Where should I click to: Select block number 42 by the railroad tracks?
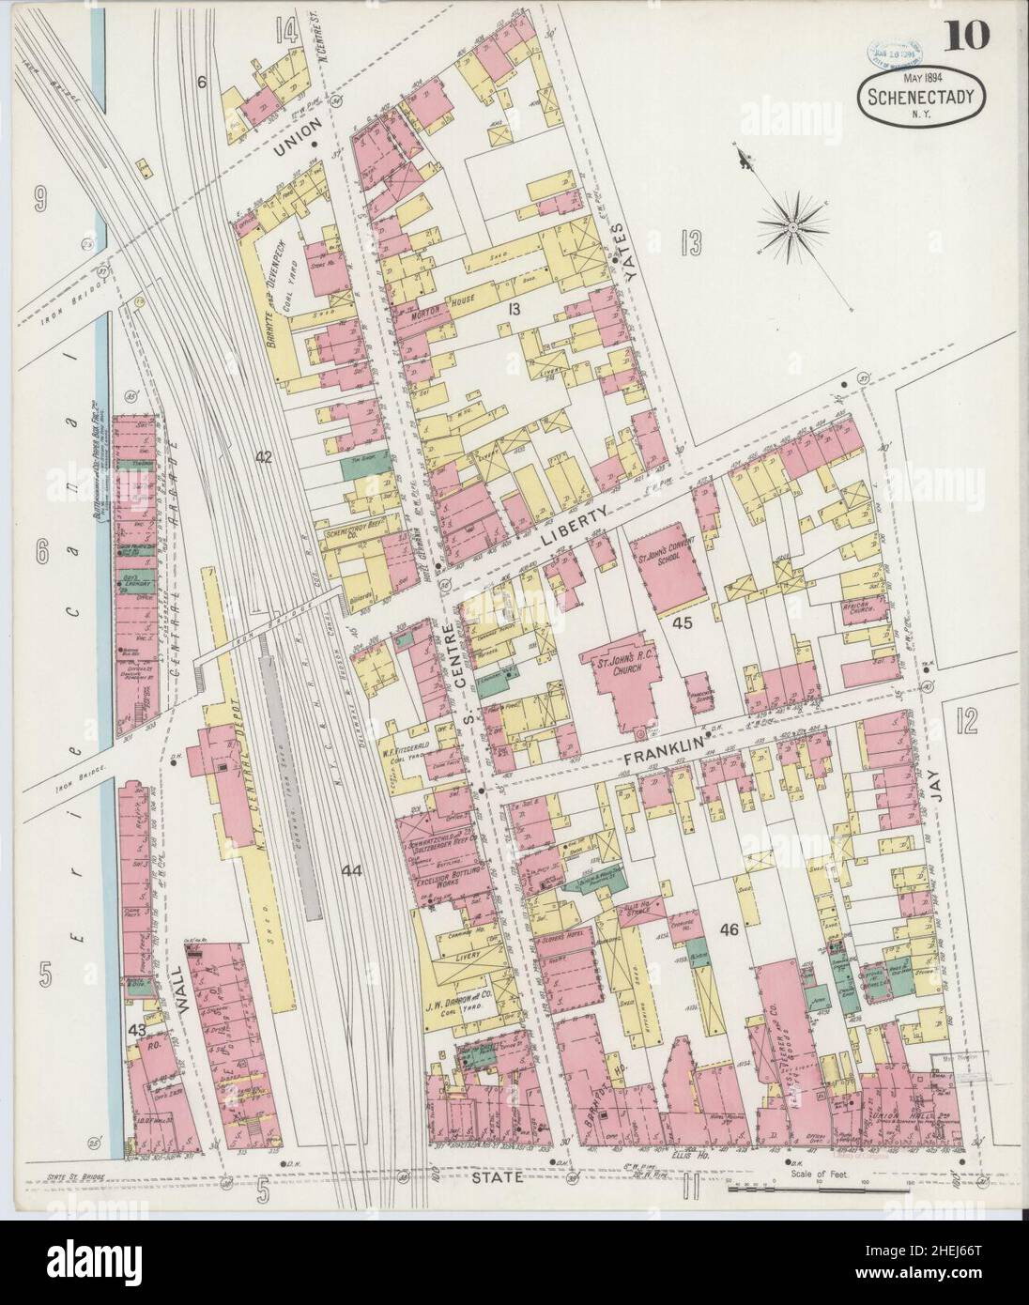[264, 457]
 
